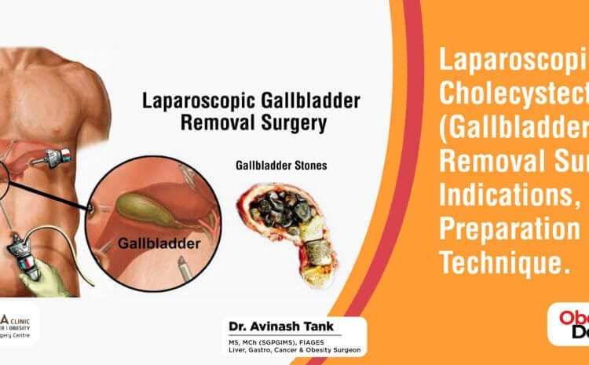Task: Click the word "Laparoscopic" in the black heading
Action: [187, 101]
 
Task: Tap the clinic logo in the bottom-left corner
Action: [17, 323]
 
